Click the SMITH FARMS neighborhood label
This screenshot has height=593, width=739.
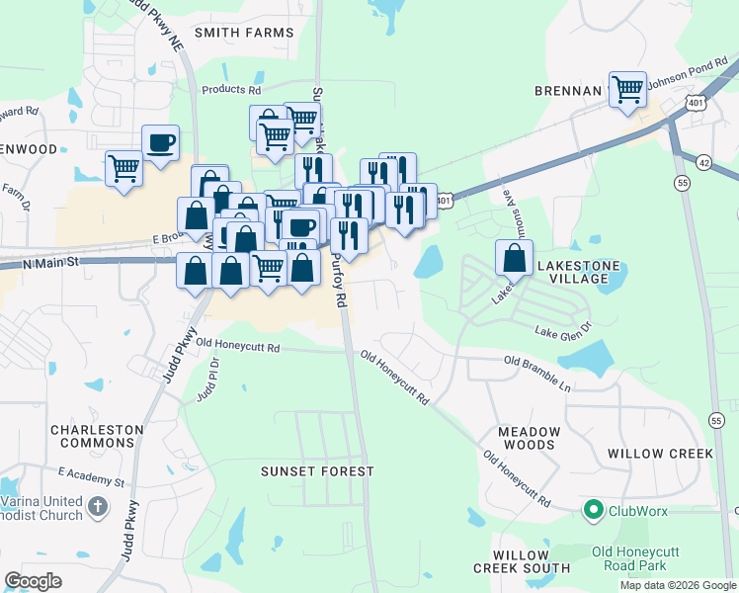244,33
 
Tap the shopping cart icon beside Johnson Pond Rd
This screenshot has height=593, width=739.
627,90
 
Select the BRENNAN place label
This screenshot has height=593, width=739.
568,90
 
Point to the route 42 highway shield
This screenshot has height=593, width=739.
703,161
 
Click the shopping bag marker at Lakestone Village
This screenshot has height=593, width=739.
514,259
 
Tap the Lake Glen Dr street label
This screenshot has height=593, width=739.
563,329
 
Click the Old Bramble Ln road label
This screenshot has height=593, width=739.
539,367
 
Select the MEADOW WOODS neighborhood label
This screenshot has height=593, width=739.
529,439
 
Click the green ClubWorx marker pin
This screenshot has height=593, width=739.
593,511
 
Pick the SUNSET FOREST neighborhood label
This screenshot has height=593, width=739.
317,471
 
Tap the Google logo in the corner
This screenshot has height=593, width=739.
34,580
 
